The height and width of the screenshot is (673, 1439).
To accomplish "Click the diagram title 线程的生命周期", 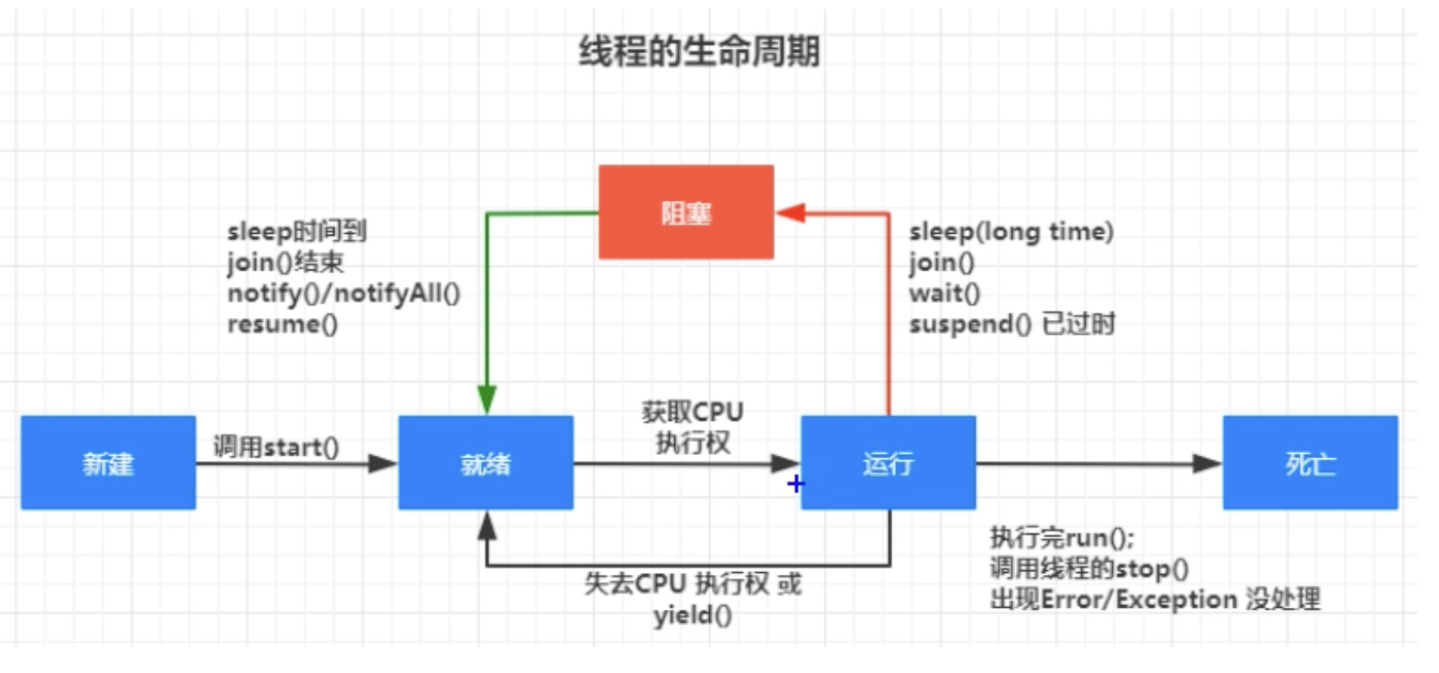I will pyautogui.click(x=699, y=51).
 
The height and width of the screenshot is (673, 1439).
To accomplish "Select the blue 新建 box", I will pyautogui.click(x=108, y=463).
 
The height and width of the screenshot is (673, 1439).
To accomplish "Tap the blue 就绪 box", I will pyautogui.click(x=485, y=463).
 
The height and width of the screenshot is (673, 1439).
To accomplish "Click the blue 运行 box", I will pyautogui.click(x=887, y=463).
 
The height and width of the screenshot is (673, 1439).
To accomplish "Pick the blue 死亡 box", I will pyautogui.click(x=1310, y=463).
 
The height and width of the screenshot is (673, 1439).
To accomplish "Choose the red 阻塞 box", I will pyautogui.click(x=686, y=212).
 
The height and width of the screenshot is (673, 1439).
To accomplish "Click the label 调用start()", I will pyautogui.click(x=275, y=447).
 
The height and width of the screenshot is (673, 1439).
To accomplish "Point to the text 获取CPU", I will pyautogui.click(x=692, y=411).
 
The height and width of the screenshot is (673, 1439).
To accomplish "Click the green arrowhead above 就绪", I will pyautogui.click(x=487, y=400).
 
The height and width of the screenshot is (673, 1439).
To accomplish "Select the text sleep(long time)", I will pyautogui.click(x=1011, y=232).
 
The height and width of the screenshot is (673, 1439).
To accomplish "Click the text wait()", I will pyautogui.click(x=944, y=293).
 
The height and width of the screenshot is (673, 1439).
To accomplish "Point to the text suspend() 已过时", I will pyautogui.click(x=1011, y=324).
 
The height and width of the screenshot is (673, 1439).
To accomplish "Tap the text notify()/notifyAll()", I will pyautogui.click(x=343, y=293).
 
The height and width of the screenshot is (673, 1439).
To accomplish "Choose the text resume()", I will pyautogui.click(x=282, y=324).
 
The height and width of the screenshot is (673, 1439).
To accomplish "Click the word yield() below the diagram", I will pyautogui.click(x=692, y=616).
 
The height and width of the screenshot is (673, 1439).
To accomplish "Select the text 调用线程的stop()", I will pyautogui.click(x=1088, y=569).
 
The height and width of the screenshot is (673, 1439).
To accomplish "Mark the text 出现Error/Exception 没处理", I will pyautogui.click(x=1154, y=599).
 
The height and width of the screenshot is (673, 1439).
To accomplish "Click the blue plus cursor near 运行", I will pyautogui.click(x=795, y=483).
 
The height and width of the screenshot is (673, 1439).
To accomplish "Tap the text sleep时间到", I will pyautogui.click(x=296, y=231).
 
